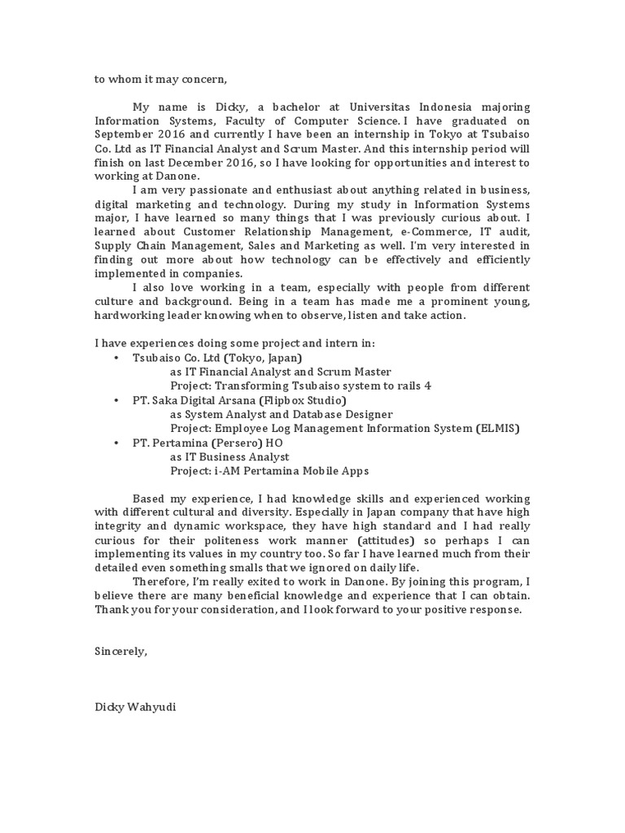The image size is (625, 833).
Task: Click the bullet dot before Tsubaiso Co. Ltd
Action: coord(117,358)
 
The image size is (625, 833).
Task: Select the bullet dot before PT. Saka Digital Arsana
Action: coord(117,401)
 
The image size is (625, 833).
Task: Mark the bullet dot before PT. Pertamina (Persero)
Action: coord(117,443)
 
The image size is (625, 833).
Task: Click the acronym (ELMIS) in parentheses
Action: coord(497,429)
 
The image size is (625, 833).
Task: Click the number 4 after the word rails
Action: coord(428,386)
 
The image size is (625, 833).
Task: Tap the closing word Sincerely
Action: coord(121,652)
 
